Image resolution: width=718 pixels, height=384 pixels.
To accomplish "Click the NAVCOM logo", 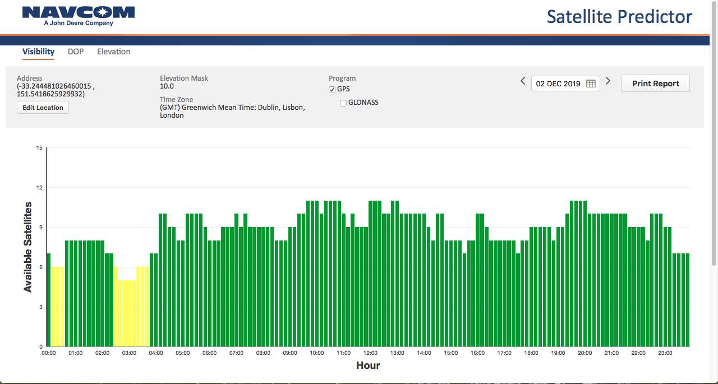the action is [x=79, y=16].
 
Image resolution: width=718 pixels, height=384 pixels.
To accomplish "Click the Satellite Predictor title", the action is [x=619, y=17].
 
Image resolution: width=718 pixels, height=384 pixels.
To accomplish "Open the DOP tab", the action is [x=76, y=52].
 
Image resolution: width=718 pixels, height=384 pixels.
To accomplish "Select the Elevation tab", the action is [x=114, y=52].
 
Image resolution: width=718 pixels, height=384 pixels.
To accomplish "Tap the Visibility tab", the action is [x=38, y=52].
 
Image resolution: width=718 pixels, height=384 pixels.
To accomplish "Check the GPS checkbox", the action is [x=332, y=89].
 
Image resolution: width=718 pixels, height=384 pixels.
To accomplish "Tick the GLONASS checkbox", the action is [x=343, y=103].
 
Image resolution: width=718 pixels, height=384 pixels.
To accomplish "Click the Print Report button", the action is [x=656, y=84].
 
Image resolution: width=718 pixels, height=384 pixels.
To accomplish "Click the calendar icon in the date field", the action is [x=591, y=84].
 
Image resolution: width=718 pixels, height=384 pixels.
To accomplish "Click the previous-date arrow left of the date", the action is [x=523, y=81].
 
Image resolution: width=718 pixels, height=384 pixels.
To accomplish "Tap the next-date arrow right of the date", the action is [x=607, y=81].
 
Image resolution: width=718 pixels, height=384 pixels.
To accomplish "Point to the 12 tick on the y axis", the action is [x=39, y=188].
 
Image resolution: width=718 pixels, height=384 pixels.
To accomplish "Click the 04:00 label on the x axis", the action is [x=156, y=353].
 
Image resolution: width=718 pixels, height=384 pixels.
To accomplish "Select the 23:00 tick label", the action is [x=665, y=353].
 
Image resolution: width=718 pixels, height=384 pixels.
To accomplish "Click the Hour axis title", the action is [x=368, y=366].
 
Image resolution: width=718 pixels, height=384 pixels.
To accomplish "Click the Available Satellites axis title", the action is [x=28, y=247].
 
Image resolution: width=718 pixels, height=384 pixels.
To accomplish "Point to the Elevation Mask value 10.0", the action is [x=167, y=86].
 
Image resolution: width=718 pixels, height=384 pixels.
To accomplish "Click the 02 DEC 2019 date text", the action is [x=558, y=84].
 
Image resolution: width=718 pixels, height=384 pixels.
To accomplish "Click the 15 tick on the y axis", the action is [x=39, y=148].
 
